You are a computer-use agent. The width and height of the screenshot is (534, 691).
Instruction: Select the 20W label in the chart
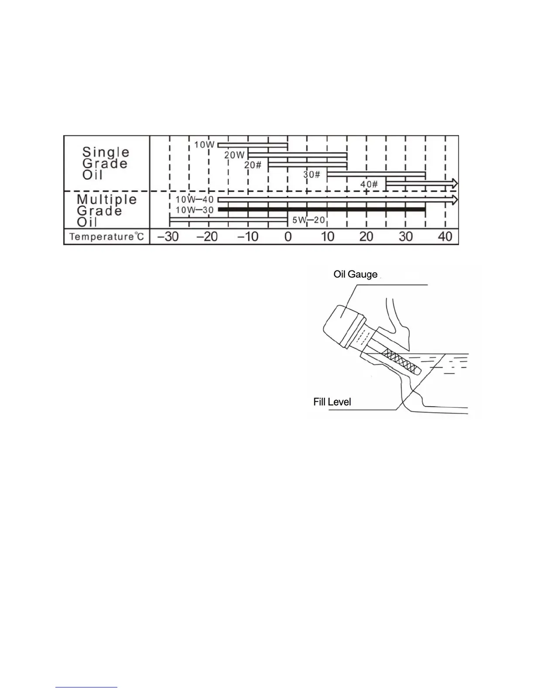[x=235, y=155]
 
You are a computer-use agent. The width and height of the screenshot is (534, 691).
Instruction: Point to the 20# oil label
[x=253, y=165]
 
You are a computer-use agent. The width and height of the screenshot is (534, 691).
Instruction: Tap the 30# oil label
[x=312, y=175]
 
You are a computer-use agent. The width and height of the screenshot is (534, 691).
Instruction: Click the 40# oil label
[x=369, y=185]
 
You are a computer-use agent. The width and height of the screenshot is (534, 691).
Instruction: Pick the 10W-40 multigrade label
[x=195, y=200]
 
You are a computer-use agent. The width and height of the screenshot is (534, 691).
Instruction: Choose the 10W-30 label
[x=195, y=210]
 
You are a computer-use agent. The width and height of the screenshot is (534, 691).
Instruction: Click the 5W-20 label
[x=308, y=220]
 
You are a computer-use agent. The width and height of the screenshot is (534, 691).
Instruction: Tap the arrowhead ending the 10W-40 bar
[x=455, y=200]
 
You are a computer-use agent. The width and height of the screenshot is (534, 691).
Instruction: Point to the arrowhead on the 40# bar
[x=455, y=182]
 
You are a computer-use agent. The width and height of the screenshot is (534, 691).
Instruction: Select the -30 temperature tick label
[x=168, y=237]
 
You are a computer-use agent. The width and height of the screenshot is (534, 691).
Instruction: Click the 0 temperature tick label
[x=288, y=237]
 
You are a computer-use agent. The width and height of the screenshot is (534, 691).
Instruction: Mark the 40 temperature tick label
[x=445, y=237]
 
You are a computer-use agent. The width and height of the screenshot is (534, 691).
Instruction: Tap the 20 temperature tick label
[x=366, y=237]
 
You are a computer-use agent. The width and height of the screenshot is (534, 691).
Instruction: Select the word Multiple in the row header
[x=107, y=200]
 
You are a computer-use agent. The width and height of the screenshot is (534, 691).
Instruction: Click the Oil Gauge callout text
[x=355, y=274]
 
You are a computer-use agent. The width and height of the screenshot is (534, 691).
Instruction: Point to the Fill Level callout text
[x=332, y=402]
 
